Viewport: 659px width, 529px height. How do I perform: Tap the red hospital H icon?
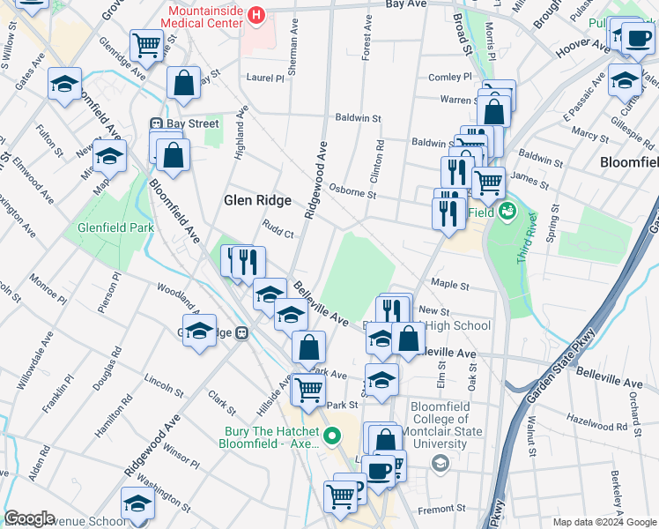[x=255, y=15]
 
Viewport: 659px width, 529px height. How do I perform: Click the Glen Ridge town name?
[x=257, y=201]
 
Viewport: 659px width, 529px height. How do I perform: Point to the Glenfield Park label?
[x=115, y=227]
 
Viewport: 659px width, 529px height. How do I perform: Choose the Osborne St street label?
[x=352, y=191]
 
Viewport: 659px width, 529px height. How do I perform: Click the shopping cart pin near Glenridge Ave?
[x=146, y=43]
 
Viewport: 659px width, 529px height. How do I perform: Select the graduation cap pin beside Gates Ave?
[x=65, y=84]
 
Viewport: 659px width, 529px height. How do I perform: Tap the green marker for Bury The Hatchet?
[x=333, y=436]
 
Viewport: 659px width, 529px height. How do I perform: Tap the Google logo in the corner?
[x=29, y=518]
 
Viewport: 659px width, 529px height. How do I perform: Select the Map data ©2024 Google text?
[x=605, y=522]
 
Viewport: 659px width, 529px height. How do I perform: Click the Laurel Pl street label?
[x=266, y=78]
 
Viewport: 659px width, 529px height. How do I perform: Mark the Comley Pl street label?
[x=451, y=78]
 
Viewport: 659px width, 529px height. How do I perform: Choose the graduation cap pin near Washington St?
[x=137, y=504]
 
